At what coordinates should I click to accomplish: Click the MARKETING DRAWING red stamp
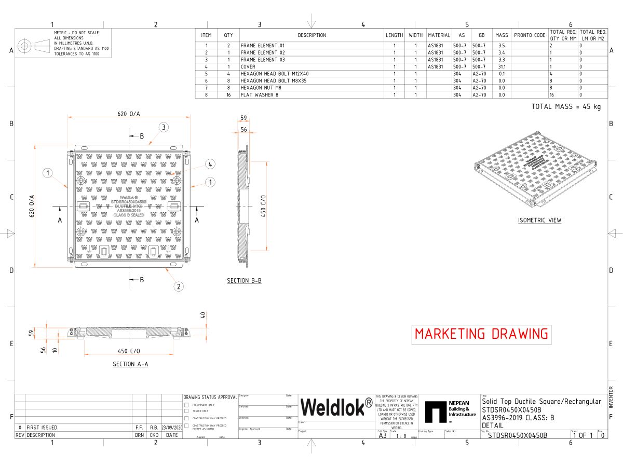coord(481,334)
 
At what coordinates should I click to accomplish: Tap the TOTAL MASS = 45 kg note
coord(566,106)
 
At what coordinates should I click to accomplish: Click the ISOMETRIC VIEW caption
coord(539,220)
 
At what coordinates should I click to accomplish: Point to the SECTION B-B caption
coord(244,281)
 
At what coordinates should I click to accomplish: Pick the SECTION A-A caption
coord(130,364)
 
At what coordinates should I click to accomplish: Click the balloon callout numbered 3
coord(163,127)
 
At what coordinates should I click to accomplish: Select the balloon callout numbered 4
coord(210,164)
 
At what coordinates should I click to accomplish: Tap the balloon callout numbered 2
coord(178,286)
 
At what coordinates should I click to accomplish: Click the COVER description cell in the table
coord(248,66)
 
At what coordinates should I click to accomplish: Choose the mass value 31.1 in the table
coord(502,66)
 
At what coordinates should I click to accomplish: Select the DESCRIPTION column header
coord(311,35)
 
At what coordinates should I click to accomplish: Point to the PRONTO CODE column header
coord(530,35)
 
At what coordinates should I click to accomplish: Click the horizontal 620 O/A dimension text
coord(128,113)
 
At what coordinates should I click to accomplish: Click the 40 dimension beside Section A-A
coord(203,315)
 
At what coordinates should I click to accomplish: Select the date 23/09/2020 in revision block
coord(172,428)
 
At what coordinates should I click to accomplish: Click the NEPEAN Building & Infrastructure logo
coord(450,411)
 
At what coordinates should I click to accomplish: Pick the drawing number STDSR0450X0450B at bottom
coord(518,436)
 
